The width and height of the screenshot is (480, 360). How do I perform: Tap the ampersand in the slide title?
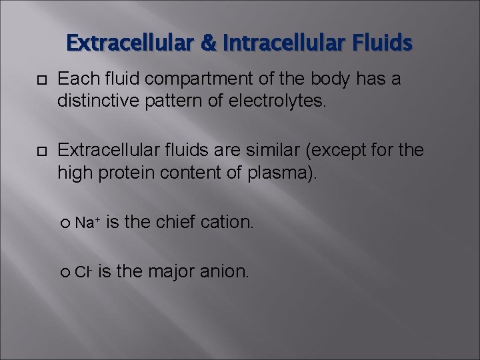click(208, 43)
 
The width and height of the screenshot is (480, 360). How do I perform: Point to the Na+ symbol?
click(87, 222)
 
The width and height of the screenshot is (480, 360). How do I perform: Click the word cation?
click(227, 222)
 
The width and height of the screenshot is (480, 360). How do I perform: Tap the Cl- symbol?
click(83, 271)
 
